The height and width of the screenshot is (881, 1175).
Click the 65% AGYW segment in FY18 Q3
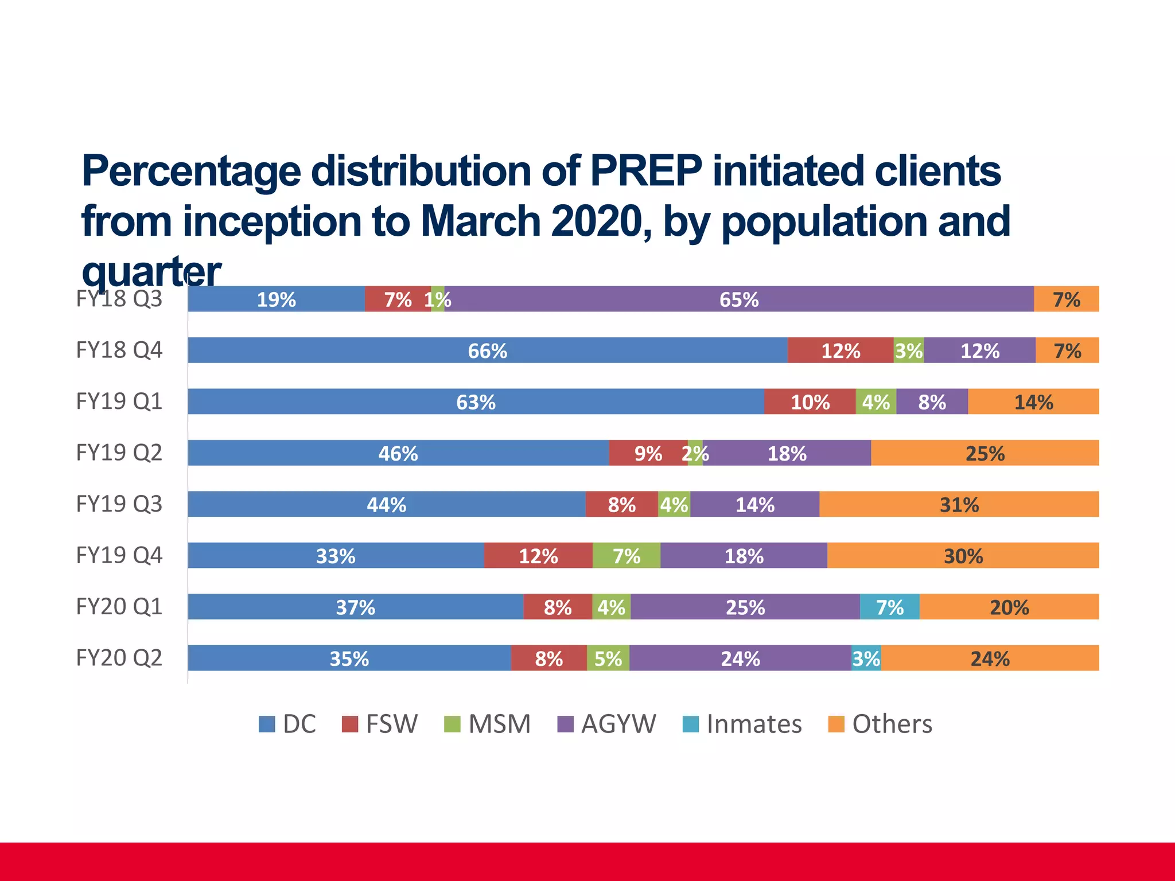point(739,299)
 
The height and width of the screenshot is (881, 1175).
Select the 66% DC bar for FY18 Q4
point(488,350)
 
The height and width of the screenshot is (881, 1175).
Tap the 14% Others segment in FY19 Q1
point(1033,402)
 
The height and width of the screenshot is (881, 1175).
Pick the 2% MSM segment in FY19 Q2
point(695,453)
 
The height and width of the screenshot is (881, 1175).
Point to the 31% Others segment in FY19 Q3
point(959,505)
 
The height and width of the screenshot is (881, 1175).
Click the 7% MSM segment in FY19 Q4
point(626,556)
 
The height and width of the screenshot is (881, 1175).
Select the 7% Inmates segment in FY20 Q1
point(889,607)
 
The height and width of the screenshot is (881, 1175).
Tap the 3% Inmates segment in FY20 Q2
point(866,658)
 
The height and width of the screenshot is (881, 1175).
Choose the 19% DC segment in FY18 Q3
point(276,299)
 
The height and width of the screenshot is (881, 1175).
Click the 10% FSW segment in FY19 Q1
point(810,402)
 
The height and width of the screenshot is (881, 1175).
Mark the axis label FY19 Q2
point(119,453)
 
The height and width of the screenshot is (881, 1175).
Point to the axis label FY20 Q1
point(119,606)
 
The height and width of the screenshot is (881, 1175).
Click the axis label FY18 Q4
point(119,350)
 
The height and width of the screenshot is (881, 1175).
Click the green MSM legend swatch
point(452,724)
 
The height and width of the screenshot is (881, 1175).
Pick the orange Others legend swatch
point(836,724)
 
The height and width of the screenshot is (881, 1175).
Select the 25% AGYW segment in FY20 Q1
point(745,607)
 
